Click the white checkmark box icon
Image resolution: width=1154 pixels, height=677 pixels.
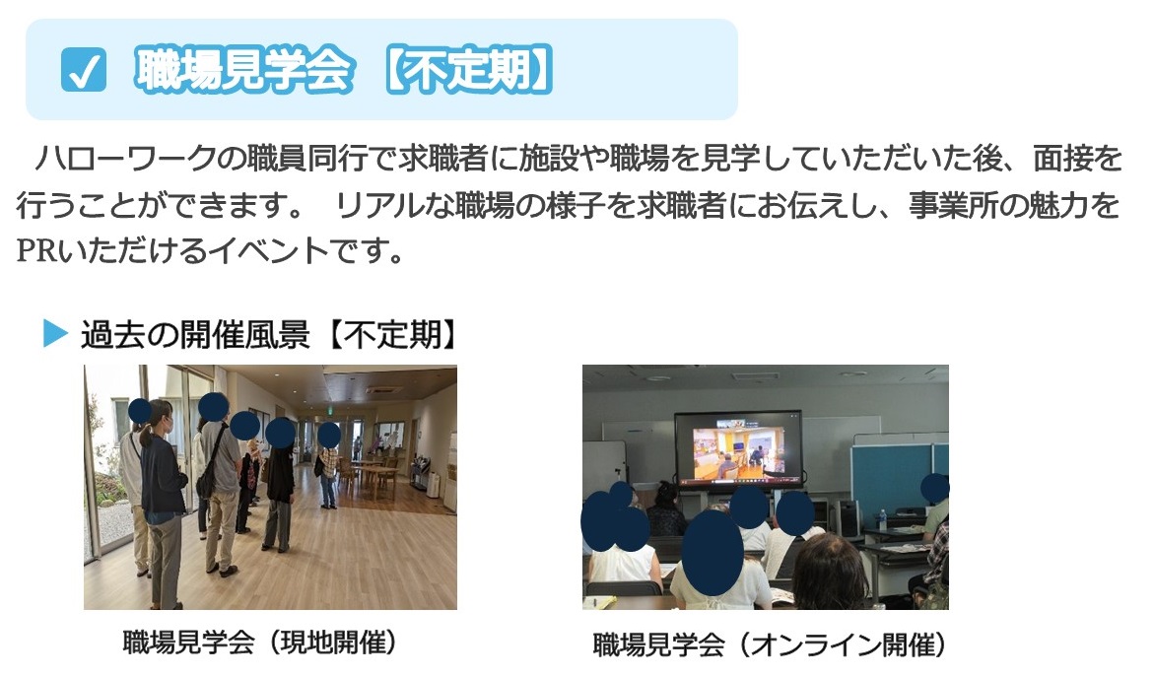83,70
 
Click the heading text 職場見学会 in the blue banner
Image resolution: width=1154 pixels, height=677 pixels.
243,71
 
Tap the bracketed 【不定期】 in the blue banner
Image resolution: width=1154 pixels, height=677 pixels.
469,71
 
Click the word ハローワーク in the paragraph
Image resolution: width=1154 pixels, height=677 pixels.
124,159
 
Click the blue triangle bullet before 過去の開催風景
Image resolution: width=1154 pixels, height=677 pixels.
56,333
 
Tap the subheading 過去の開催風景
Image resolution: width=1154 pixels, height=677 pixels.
195,334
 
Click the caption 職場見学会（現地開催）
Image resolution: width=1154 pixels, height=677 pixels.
260,643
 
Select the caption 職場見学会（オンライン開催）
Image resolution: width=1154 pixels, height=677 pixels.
769,644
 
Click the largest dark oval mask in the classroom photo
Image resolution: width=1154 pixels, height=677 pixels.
712,553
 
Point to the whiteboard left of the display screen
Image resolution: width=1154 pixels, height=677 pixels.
603,468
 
